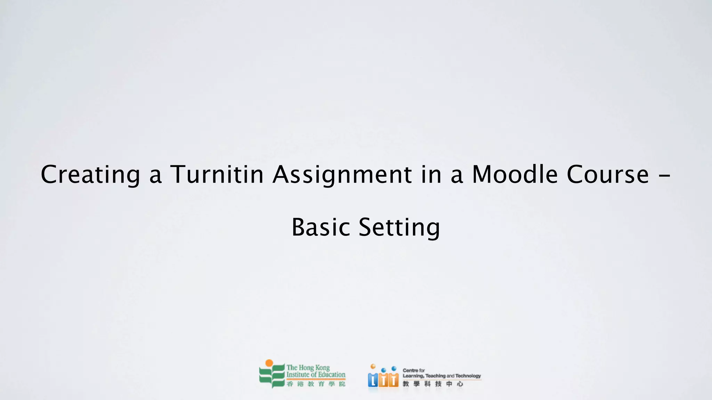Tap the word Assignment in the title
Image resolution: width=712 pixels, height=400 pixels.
[x=342, y=175]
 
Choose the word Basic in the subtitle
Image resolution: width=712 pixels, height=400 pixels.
[x=321, y=227]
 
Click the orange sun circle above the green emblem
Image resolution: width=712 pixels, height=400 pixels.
[x=269, y=363]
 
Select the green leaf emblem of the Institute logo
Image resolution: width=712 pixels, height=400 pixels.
[x=272, y=376]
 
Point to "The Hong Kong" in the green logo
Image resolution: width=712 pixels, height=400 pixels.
[x=308, y=367]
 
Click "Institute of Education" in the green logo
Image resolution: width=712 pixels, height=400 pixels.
[x=316, y=375]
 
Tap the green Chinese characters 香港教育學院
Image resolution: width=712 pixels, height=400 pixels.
[x=316, y=384]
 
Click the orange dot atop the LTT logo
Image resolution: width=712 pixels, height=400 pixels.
[x=373, y=366]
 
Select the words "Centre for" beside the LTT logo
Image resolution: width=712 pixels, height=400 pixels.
[x=414, y=370]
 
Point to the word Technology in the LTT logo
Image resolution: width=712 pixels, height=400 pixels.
[x=468, y=376]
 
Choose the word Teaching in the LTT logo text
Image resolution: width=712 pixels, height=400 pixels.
[x=435, y=376]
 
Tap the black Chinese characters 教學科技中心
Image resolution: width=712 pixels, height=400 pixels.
[x=433, y=384]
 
